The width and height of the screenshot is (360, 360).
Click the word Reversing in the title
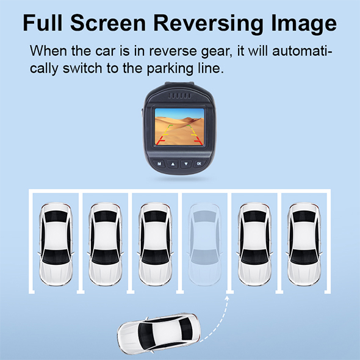pyautogui.click(x=208, y=24)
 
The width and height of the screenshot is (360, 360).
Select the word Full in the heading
pyautogui.click(x=43, y=23)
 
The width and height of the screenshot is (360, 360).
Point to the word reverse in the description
pyautogui.click(x=173, y=51)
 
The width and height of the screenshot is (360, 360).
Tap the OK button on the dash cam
pyautogui.click(x=199, y=164)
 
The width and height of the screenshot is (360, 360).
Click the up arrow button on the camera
pyautogui.click(x=173, y=164)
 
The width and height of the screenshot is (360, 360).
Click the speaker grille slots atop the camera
pyautogui.click(x=179, y=96)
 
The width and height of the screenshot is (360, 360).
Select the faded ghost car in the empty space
pyautogui.click(x=205, y=244)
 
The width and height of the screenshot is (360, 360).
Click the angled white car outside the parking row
pyautogui.click(x=159, y=333)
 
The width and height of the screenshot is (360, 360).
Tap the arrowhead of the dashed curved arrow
pyautogui.click(x=227, y=298)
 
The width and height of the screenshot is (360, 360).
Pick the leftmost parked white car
pyautogui.click(x=56, y=244)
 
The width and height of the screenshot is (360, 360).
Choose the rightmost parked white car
pyautogui.click(x=304, y=244)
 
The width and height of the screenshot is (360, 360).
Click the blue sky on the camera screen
pyautogui.click(x=179, y=113)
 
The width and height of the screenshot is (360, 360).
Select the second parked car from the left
pyautogui.click(x=106, y=244)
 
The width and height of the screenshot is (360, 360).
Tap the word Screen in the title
pyautogui.click(x=108, y=23)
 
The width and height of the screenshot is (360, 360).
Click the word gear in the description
pyautogui.click(x=215, y=52)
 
